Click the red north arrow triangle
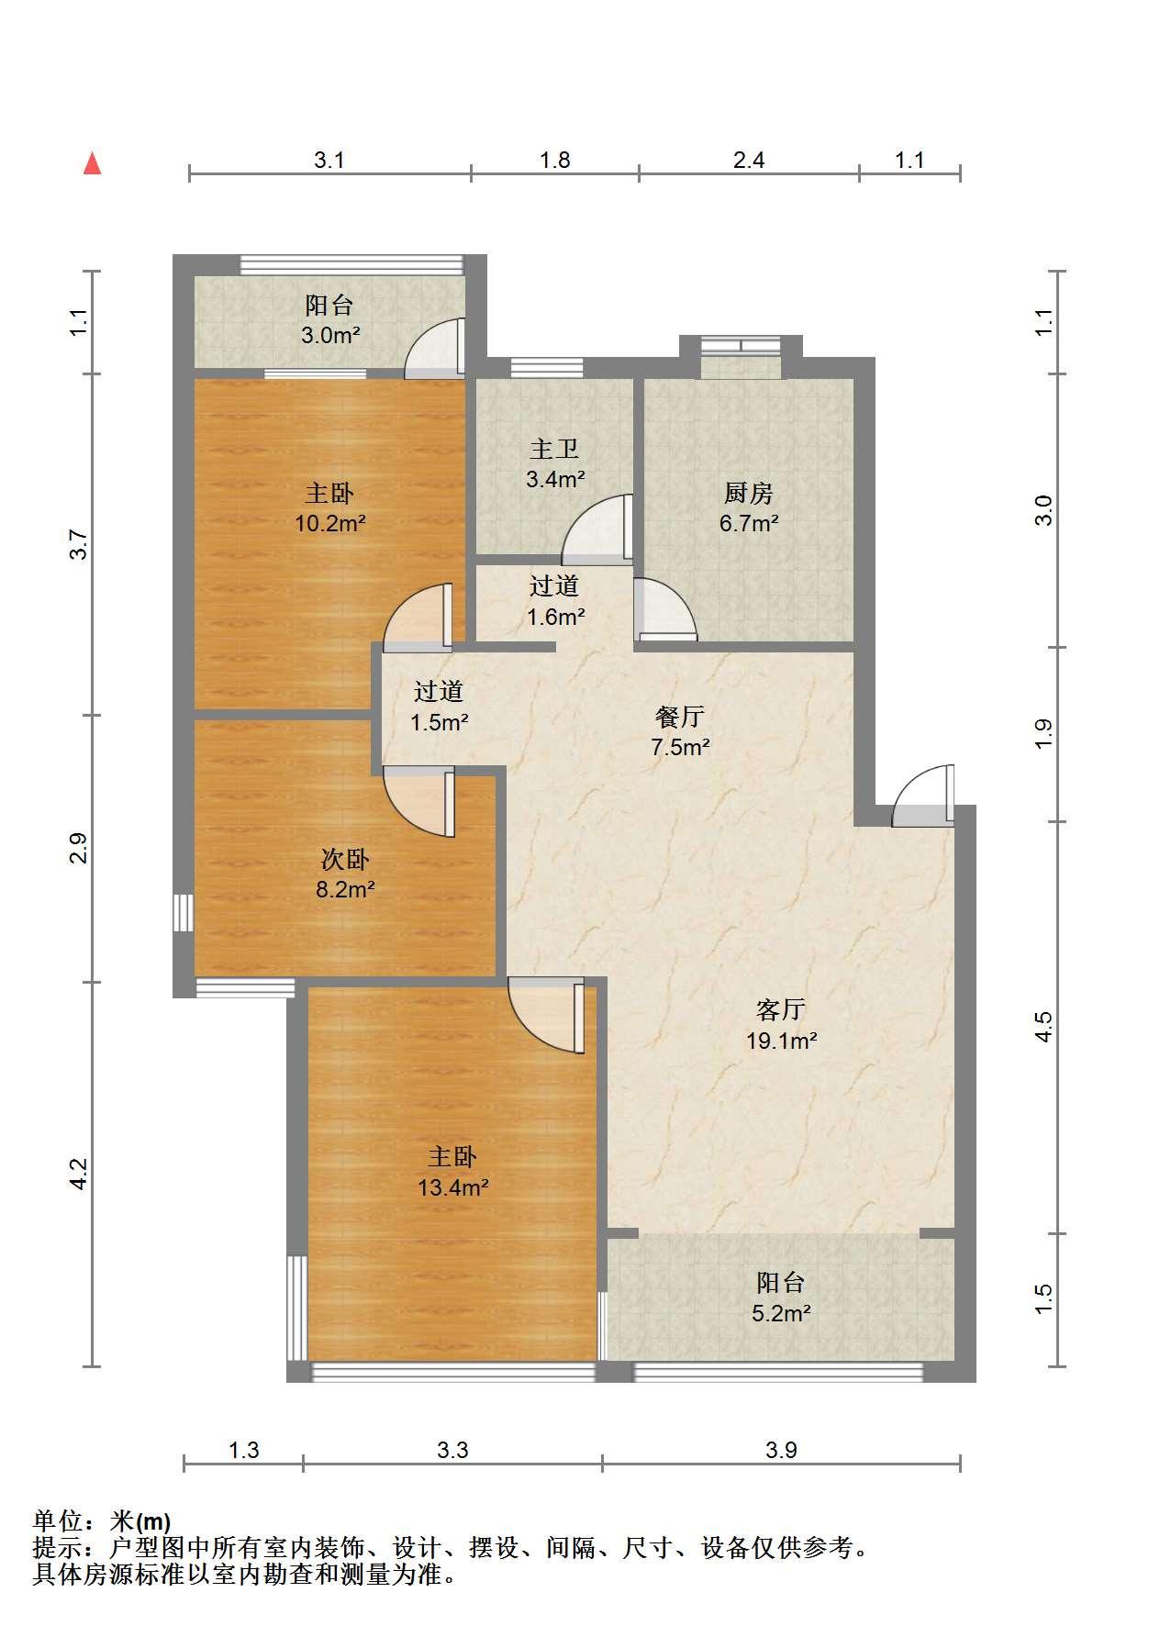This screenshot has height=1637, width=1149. click(92, 164)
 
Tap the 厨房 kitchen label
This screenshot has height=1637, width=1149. click(749, 493)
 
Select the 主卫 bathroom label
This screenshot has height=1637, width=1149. click(554, 449)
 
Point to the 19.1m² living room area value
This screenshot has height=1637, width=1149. click(781, 1041)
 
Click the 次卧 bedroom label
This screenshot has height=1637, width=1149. click(345, 859)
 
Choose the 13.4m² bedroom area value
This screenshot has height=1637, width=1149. click(453, 1187)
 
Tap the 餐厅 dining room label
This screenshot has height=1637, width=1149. click(680, 717)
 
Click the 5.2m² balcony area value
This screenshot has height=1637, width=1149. click(781, 1313)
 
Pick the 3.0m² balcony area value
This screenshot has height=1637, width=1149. click(330, 336)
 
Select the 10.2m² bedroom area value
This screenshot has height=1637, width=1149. click(330, 524)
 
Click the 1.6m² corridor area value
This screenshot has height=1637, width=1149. click(555, 617)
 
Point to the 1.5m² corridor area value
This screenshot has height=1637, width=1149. click(439, 722)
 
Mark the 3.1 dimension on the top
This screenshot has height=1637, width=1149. click(329, 161)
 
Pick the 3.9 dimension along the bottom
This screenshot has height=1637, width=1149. click(781, 1450)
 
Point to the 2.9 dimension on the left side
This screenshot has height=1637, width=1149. click(80, 848)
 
